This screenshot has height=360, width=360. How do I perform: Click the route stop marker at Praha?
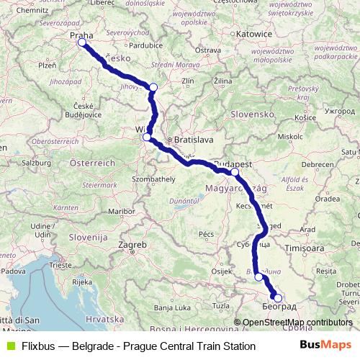pos(81,42)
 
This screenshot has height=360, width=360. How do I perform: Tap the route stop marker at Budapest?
pos(235,172)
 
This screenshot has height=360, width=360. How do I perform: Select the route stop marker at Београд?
pos(279,298)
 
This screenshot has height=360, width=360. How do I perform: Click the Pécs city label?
pos(207,234)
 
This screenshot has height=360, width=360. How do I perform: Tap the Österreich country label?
pos(91,163)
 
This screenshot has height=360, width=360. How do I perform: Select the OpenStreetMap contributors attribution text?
pos(297,323)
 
